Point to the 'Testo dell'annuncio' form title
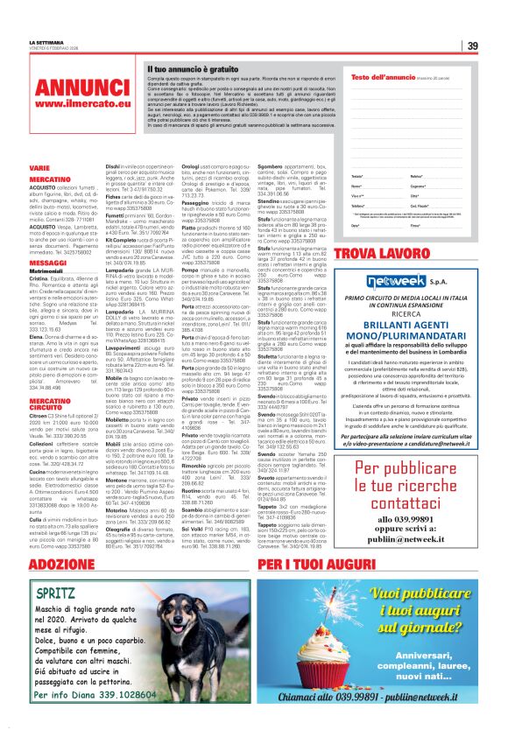382,78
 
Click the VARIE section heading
39,165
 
